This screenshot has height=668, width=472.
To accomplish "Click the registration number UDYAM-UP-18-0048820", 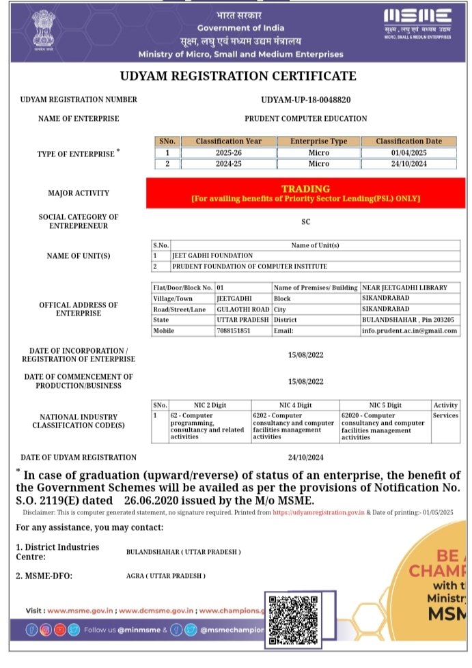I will coord(306,100).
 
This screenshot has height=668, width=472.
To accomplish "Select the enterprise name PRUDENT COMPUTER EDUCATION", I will coord(306,118).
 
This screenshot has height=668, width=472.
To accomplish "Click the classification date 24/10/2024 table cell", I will coord(409,164).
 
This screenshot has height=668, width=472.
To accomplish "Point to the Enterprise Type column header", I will coord(319,141).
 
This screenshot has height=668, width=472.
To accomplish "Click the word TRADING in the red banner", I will coord(305,189).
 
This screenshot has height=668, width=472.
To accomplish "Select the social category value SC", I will coord(305,221).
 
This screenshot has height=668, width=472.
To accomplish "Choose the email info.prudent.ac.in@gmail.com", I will coord(410,331).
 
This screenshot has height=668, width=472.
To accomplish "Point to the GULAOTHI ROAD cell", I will coord(242,309).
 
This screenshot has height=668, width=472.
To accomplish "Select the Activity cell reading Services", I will coord(445,415).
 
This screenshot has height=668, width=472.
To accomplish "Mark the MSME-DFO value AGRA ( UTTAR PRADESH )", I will coord(166,576).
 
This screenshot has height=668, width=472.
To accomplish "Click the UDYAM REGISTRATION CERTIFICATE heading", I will coord(238,76).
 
